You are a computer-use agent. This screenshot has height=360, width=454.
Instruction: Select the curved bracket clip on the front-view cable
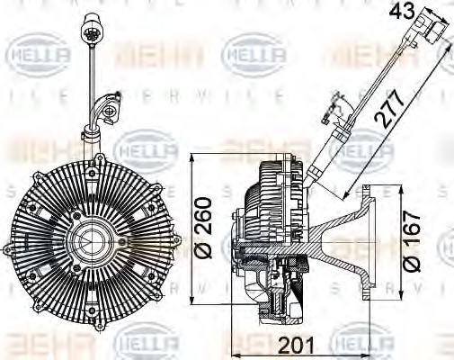(x=104, y=113)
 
